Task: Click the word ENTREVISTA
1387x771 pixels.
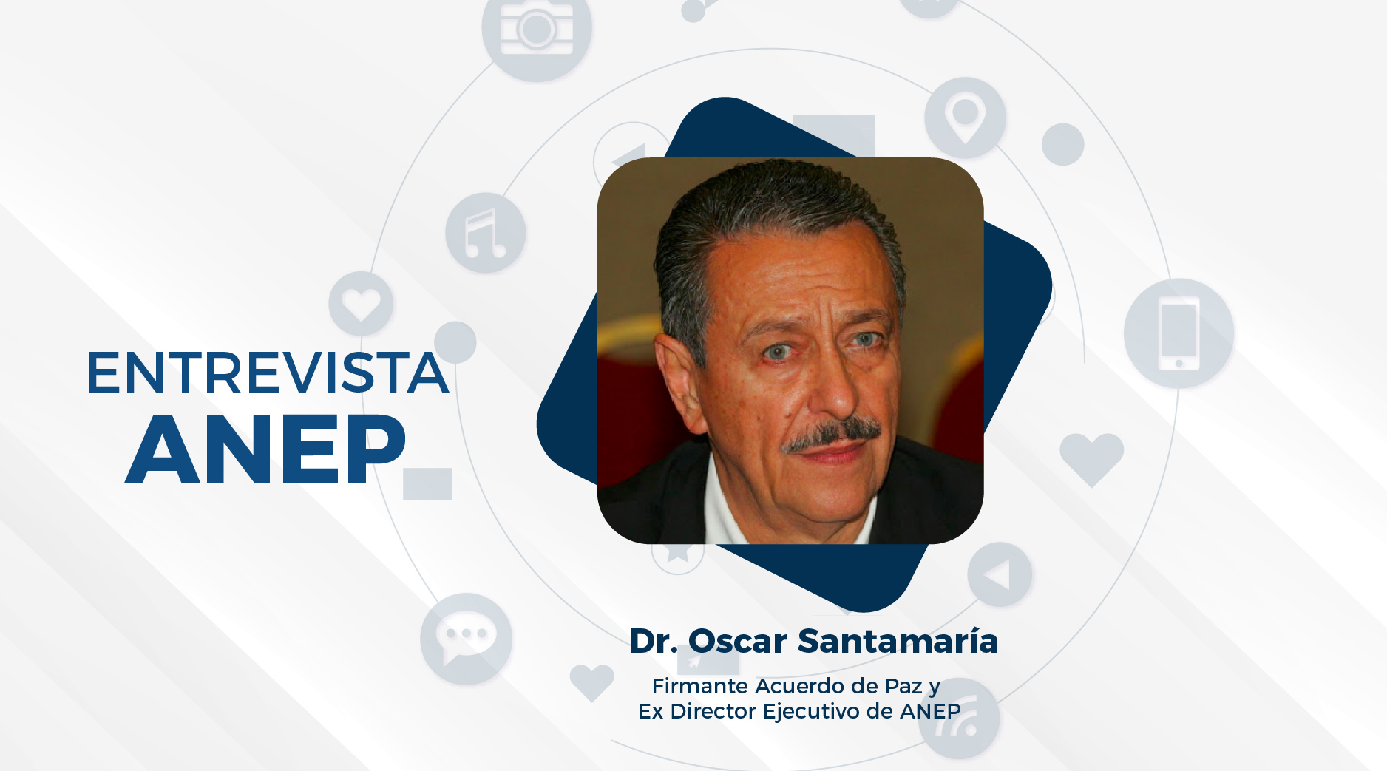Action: click(x=268, y=373)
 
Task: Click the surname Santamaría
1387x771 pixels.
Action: click(x=898, y=641)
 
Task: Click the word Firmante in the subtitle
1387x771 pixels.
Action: click(x=700, y=686)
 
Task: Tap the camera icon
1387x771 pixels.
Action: click(x=537, y=29)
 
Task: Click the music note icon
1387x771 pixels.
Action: click(x=486, y=233)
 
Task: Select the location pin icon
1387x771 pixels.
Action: click(x=965, y=118)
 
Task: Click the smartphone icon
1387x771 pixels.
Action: click(x=1179, y=333)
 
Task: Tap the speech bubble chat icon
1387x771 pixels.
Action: click(x=466, y=639)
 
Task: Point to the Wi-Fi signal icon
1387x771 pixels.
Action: click(x=959, y=719)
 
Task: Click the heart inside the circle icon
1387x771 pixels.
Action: click(x=361, y=304)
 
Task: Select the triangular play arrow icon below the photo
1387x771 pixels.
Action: click(x=1000, y=574)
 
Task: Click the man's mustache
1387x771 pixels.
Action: click(x=832, y=434)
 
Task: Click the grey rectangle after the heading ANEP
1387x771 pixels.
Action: click(x=427, y=483)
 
